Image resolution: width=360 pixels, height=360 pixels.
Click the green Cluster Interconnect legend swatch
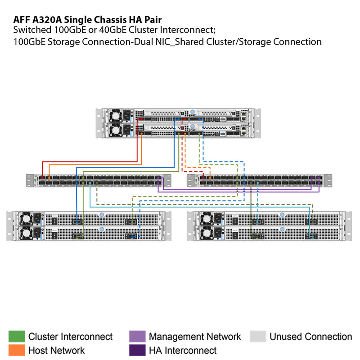(17, 337)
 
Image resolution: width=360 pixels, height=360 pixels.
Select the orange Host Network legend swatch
(17, 350)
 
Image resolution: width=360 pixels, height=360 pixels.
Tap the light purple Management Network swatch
(137, 337)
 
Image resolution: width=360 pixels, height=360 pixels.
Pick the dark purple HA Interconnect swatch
(137, 350)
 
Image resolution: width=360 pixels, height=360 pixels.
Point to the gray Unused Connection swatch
(258, 337)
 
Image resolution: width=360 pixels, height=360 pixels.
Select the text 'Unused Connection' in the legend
(310, 337)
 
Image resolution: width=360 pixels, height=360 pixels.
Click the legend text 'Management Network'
(195, 337)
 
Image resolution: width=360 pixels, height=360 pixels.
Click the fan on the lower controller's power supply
(116, 130)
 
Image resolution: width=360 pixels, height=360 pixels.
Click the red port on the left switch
(42, 178)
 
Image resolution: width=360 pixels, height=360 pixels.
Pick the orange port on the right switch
(210, 178)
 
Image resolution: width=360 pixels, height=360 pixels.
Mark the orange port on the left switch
(48, 178)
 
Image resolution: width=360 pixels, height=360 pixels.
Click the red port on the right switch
(204, 178)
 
